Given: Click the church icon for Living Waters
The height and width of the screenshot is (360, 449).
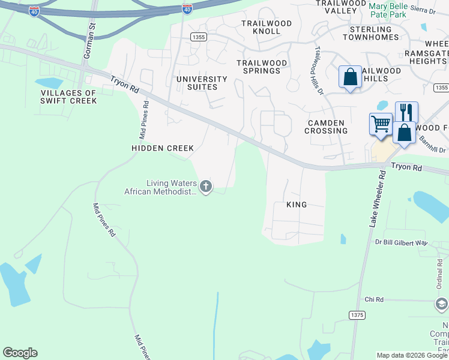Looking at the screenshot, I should [206, 187].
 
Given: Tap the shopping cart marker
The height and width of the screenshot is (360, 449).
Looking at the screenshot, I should [381, 124].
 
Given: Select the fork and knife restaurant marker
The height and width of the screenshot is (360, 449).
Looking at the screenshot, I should [406, 112].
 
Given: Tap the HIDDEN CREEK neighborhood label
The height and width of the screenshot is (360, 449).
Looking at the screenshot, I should [163, 148].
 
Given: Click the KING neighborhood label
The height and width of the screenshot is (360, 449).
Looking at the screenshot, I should [297, 205].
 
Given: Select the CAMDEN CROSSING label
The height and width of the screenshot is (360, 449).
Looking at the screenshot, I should [327, 127].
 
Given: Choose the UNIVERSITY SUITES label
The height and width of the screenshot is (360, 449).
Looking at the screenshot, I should [202, 83].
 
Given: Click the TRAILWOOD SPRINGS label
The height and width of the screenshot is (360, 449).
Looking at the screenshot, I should [259, 67].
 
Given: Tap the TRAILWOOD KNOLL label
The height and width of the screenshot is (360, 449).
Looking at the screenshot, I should [266, 27].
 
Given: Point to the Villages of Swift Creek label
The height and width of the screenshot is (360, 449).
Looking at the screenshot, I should [68, 97].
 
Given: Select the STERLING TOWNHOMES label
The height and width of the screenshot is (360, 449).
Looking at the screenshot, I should [370, 33].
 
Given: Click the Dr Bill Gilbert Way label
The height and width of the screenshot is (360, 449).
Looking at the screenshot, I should [401, 242].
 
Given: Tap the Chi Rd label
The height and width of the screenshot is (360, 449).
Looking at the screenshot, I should [373, 299].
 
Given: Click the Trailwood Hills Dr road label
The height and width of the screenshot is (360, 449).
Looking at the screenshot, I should [319, 71].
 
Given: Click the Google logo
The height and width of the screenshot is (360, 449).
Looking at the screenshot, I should [20, 353].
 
